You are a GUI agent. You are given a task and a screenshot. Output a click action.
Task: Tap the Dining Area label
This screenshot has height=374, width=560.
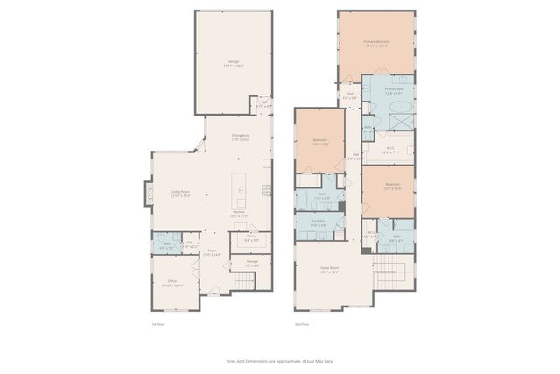pyautogui.click(x=241, y=137)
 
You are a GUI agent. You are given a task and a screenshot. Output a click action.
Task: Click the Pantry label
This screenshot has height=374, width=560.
pyautogui.click(x=251, y=238)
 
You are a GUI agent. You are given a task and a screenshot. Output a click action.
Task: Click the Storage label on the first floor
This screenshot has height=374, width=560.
pyautogui.click(x=251, y=262)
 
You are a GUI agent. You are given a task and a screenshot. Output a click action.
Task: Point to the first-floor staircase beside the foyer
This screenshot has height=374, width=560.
pyautogui.click(x=243, y=282)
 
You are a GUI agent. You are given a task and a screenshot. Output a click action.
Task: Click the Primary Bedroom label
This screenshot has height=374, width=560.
pyautogui.click(x=376, y=43)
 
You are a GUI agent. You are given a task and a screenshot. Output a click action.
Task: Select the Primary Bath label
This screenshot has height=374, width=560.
pyautogui.click(x=394, y=90)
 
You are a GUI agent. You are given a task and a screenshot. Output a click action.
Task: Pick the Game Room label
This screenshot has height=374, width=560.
pyautogui.click(x=329, y=272)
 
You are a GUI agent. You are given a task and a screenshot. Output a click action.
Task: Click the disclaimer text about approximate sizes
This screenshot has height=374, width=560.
pyautogui.click(x=279, y=360)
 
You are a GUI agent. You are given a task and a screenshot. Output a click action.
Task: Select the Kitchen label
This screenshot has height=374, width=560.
pyautogui.click(x=239, y=214)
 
